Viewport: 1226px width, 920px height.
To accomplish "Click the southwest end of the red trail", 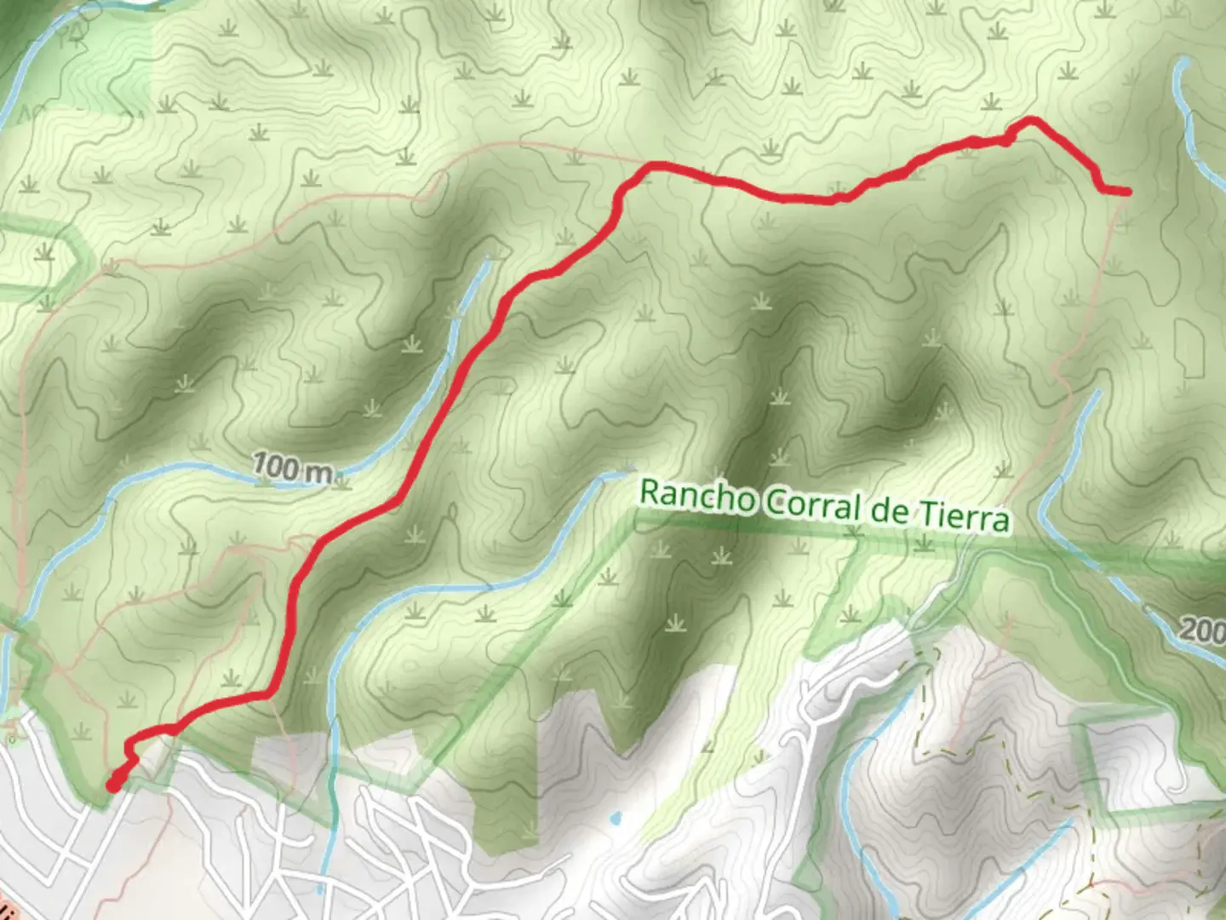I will coord(112,786).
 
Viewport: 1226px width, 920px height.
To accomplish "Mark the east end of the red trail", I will coord(1128,192).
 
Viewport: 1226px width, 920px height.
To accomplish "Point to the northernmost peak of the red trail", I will coord(1031,119).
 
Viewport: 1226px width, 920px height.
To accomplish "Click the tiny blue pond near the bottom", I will coord(615,820).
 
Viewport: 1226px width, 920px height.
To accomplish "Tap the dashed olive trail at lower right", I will coord(928,707).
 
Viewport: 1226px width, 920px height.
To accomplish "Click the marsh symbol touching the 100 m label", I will coord(343,482).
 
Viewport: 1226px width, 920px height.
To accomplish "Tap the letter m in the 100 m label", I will coord(319,472).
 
